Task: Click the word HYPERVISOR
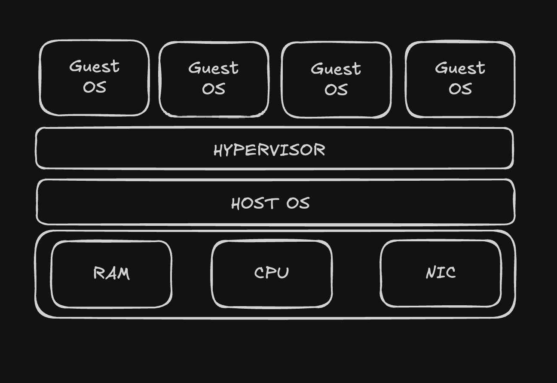point(269,150)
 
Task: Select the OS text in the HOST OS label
point(298,203)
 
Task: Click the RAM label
point(111,273)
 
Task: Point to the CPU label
point(271,273)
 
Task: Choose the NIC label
point(441,273)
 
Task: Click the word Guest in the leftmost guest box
point(95,66)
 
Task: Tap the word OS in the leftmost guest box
point(95,87)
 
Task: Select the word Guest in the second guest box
point(213,68)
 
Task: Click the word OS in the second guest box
point(214,89)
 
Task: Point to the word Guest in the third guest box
point(336,69)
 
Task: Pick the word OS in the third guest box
point(336,90)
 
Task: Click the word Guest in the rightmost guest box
point(460,68)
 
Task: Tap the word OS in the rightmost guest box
point(460,89)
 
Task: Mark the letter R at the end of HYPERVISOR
point(320,150)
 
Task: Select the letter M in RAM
point(124,274)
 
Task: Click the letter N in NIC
point(431,273)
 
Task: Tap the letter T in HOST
point(272,204)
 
